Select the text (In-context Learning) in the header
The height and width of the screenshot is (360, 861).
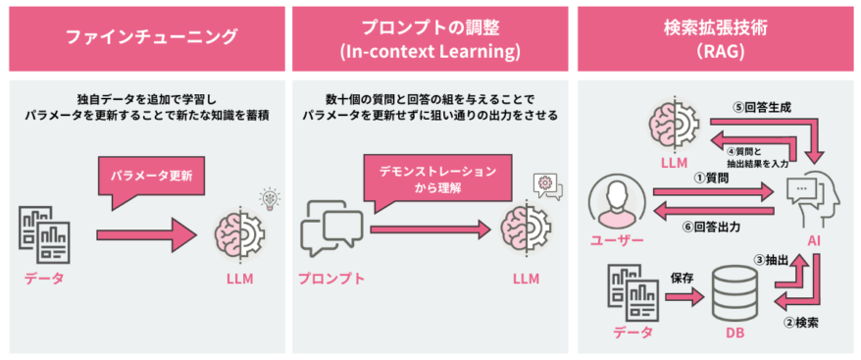pyautogui.click(x=430, y=50)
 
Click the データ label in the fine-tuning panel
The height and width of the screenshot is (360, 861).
pyautogui.click(x=44, y=279)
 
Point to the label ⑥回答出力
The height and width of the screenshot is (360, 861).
pyautogui.click(x=711, y=227)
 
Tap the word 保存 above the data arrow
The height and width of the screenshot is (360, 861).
pyautogui.click(x=682, y=278)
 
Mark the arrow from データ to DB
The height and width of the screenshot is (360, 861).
pyautogui.click(x=682, y=294)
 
